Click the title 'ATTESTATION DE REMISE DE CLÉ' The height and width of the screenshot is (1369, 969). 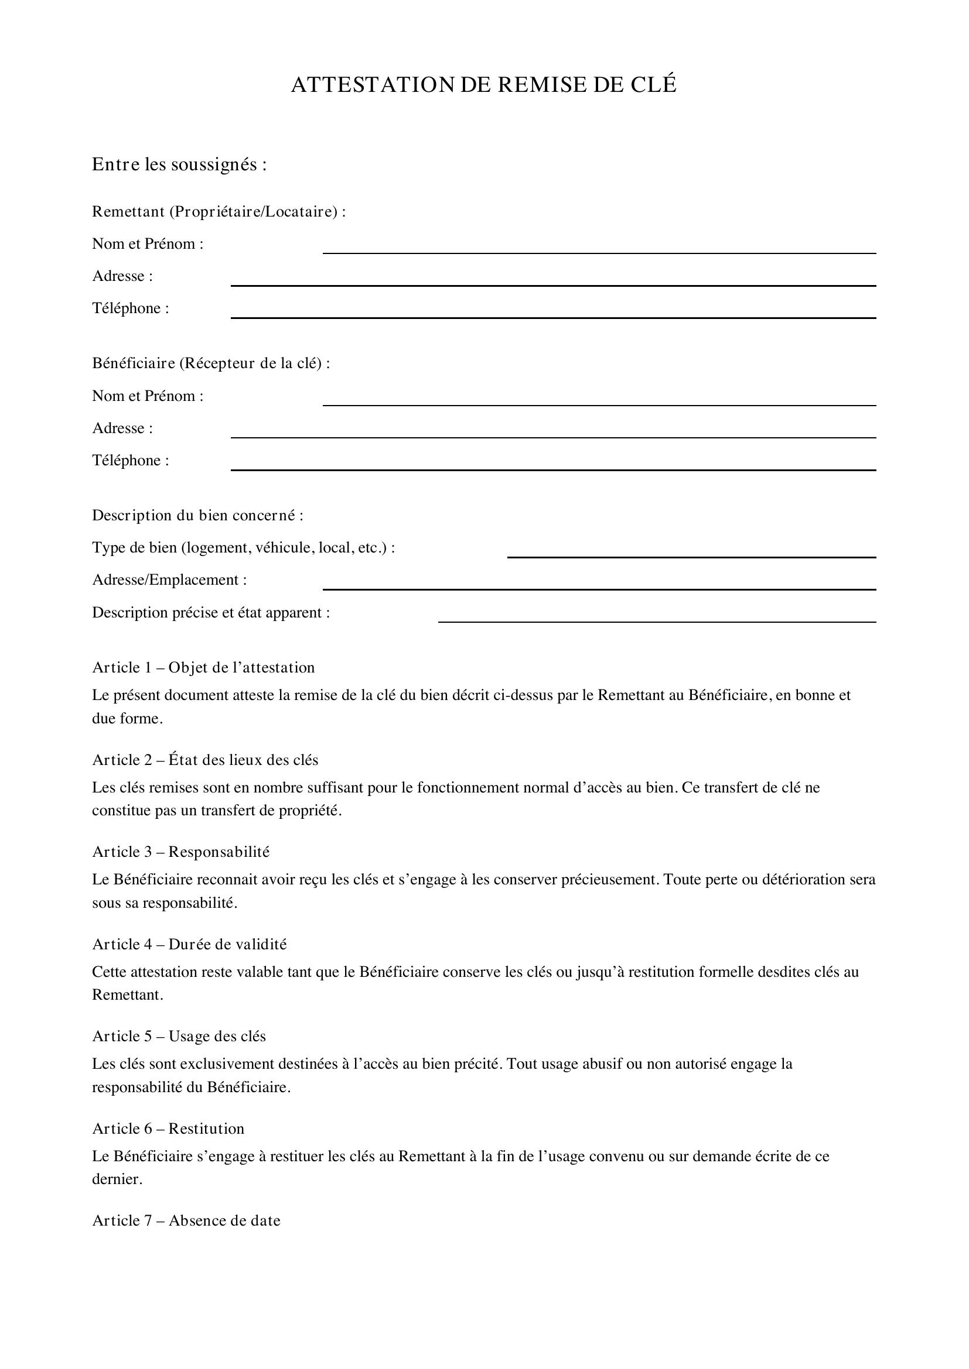[x=484, y=85]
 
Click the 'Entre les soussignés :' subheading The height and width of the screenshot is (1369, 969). [x=179, y=164]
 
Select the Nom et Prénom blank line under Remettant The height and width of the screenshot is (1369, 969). [x=599, y=249]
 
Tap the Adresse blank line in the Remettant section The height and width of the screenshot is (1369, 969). [x=553, y=282]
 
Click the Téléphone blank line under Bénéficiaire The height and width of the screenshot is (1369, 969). [x=553, y=466]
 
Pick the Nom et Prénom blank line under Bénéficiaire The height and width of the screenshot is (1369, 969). [x=599, y=402]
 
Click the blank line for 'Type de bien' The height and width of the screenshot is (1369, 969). [x=691, y=553]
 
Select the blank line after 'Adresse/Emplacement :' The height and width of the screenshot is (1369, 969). [x=599, y=585]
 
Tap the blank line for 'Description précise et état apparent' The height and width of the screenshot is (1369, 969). [x=656, y=617]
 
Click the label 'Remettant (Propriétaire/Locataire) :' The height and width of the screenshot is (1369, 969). [x=219, y=212]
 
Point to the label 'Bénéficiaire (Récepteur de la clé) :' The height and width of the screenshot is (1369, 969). [x=211, y=363]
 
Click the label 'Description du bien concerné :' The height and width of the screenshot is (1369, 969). [x=197, y=515]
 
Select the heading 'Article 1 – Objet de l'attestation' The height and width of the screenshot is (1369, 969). [x=203, y=667]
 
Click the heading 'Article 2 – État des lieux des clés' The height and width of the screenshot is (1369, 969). [x=205, y=760]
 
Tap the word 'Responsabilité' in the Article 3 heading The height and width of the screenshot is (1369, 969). [x=219, y=852]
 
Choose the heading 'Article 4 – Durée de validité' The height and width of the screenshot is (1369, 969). [x=190, y=944]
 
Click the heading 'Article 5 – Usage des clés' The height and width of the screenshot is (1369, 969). [x=179, y=1037]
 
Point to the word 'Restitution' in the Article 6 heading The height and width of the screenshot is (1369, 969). [x=206, y=1128]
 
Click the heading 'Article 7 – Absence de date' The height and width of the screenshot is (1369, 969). [x=186, y=1220]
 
